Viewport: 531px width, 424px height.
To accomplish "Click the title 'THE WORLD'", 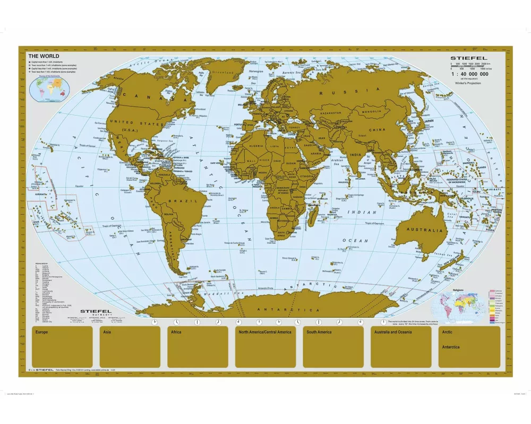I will (x=44, y=56).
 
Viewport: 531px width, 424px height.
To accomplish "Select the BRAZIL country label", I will (x=176, y=202).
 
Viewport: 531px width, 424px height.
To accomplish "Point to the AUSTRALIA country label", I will (x=425, y=231).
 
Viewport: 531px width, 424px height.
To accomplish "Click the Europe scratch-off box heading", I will (x=41, y=332).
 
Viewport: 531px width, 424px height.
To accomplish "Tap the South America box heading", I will (x=319, y=332).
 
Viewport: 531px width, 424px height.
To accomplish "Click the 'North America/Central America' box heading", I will (x=265, y=332).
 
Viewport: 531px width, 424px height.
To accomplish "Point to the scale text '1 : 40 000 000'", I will (x=469, y=75).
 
